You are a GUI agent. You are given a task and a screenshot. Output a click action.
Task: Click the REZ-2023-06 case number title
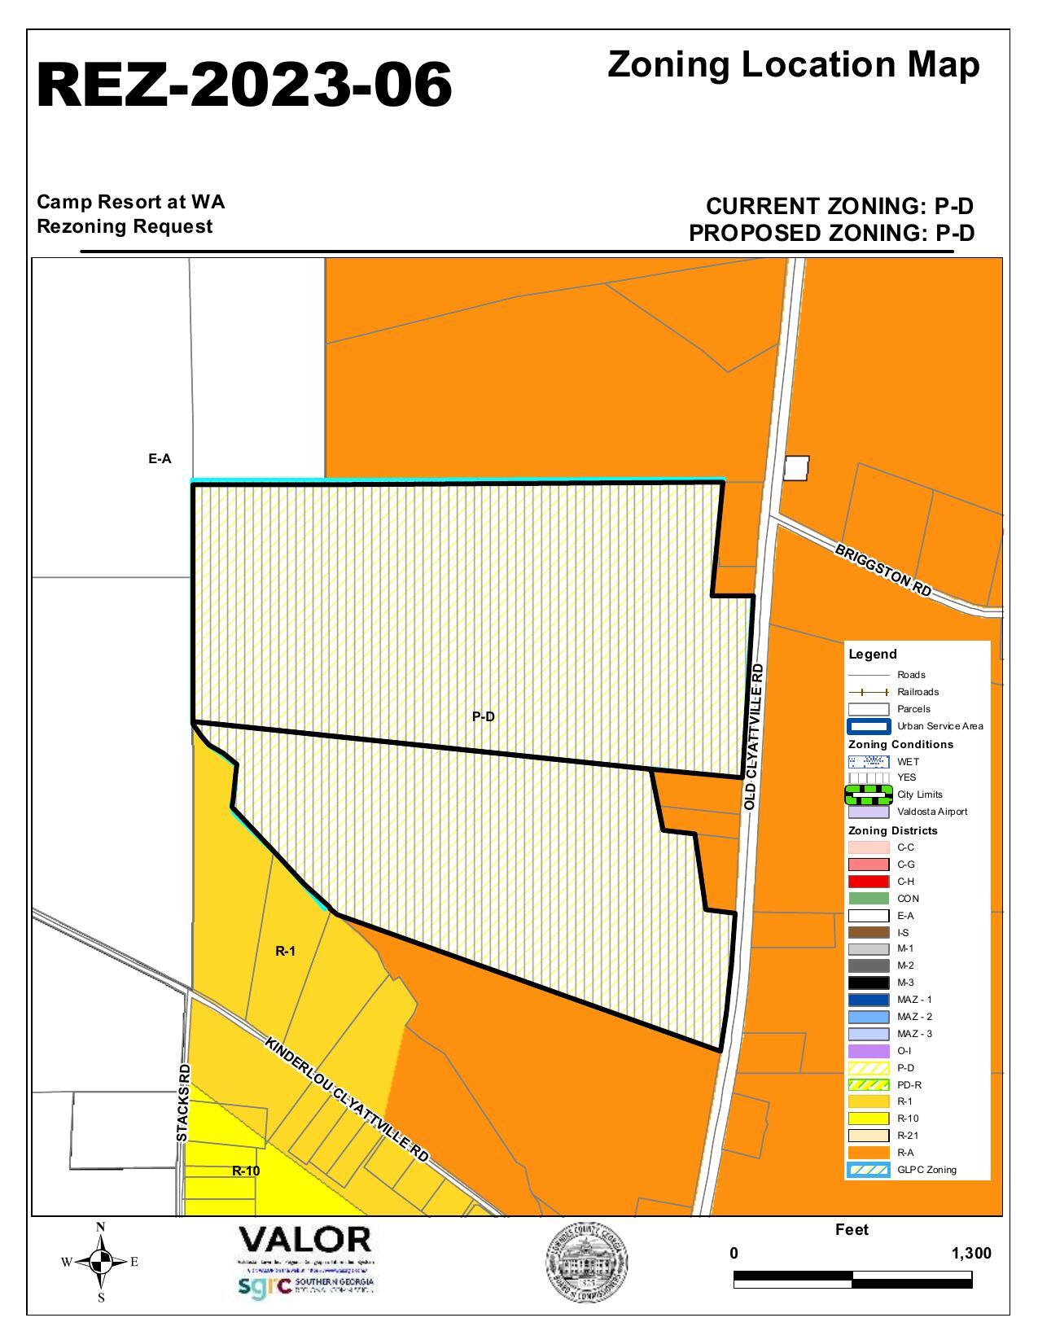pos(244,85)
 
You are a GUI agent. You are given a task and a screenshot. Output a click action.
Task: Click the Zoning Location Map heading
pos(793,65)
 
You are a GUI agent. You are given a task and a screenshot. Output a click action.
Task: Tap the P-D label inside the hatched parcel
pos(484,717)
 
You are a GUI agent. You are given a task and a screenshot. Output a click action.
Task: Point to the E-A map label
pos(160,459)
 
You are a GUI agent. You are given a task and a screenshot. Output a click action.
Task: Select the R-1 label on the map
pos(285,951)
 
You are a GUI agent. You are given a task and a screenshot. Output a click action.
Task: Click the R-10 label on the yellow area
pos(246,1171)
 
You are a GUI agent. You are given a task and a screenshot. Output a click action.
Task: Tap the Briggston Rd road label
pos(883,571)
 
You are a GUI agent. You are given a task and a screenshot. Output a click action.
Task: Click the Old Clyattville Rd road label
pos(755,737)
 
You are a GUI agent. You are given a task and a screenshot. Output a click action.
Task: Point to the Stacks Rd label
pos(184,1103)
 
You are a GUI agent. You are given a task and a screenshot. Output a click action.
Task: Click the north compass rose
pos(101,1263)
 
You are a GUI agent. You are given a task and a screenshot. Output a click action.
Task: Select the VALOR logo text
pos(304,1241)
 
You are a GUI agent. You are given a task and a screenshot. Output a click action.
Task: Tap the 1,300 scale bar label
pos(971,1253)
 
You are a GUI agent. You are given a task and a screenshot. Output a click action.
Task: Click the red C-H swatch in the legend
pos(869,882)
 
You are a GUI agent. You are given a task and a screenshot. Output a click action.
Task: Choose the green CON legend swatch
pos(869,899)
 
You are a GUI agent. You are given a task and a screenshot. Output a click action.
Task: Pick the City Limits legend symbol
pos(869,795)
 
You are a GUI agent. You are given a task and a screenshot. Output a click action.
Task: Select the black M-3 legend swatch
pos(869,983)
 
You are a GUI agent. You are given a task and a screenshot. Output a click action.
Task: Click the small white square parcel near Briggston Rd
pos(797,468)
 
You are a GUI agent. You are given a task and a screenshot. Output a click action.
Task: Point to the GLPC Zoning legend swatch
pos(869,1170)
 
